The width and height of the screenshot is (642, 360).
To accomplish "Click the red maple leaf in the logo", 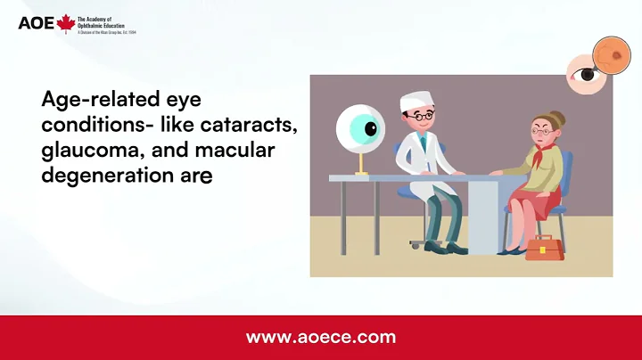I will pyautogui.click(x=65, y=24).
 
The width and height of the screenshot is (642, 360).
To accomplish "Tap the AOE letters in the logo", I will pyautogui.click(x=36, y=24).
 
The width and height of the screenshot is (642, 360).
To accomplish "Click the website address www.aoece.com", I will pyautogui.click(x=320, y=338).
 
